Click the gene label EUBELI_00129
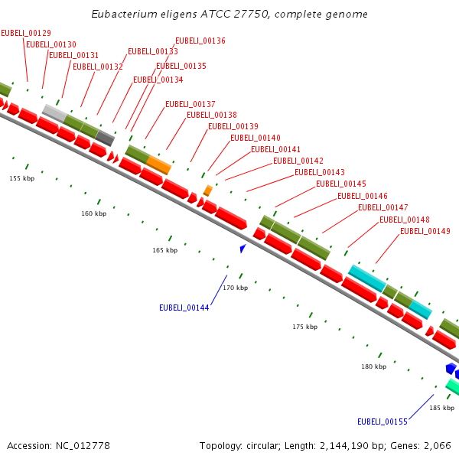click(x=26, y=33)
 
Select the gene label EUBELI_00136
click(x=200, y=41)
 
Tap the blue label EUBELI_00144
click(x=184, y=308)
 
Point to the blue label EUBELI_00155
click(x=382, y=422)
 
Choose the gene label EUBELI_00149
click(x=425, y=231)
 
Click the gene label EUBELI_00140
click(x=255, y=138)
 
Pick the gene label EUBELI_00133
click(x=153, y=51)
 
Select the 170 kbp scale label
click(x=236, y=288)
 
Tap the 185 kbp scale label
click(x=441, y=408)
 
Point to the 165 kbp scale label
click(x=164, y=250)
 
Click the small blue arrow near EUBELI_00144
click(x=243, y=248)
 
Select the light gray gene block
click(x=54, y=112)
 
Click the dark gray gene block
click(x=105, y=138)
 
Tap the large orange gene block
click(x=158, y=164)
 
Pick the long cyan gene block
click(x=367, y=278)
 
